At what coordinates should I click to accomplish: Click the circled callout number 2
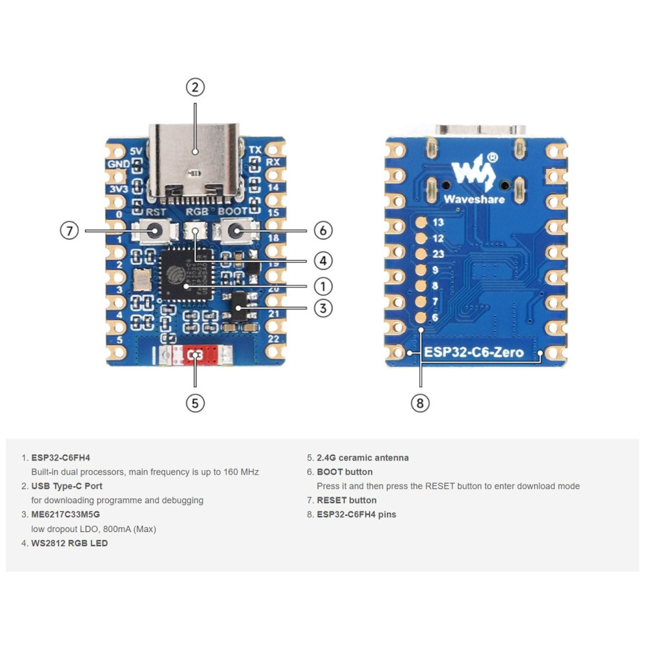click(x=195, y=87)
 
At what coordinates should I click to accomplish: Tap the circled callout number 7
click(x=69, y=230)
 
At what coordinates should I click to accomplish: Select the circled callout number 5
click(x=195, y=403)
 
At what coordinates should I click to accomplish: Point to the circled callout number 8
click(x=420, y=403)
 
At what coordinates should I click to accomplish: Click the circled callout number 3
click(x=323, y=308)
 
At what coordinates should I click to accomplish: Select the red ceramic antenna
click(x=193, y=355)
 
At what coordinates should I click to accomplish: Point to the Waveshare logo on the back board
click(x=474, y=179)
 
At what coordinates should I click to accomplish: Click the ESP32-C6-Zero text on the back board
click(x=473, y=353)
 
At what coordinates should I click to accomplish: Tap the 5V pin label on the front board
click(x=135, y=151)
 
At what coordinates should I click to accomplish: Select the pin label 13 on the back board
click(x=439, y=223)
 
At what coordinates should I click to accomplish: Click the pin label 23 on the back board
click(x=439, y=254)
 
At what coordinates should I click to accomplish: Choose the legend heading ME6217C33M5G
click(x=66, y=515)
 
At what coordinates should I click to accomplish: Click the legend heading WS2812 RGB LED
click(x=70, y=543)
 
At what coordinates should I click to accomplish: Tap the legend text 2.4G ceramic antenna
click(x=362, y=458)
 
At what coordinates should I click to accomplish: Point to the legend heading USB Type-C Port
click(x=67, y=486)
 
